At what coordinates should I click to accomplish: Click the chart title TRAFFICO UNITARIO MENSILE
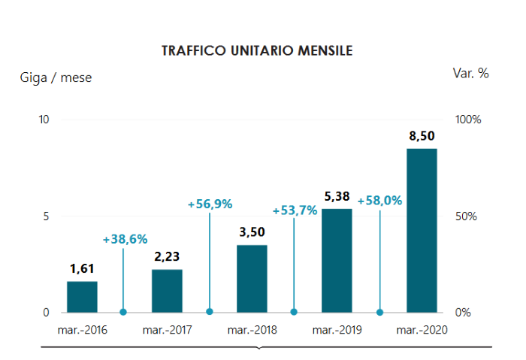coord(258,51)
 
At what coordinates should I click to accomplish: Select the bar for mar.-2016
coord(82,297)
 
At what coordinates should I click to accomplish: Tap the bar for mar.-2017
coord(167,291)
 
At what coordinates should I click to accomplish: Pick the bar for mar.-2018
coord(252,279)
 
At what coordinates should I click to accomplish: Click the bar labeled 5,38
coord(337,261)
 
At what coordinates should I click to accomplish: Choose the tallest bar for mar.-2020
coord(422,231)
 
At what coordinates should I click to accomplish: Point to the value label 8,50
coord(422,136)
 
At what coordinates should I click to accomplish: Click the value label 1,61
coord(82,268)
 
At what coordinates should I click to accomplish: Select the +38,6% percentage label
coord(125,239)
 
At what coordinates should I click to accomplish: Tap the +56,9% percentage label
coord(210,204)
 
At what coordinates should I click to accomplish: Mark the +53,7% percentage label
coord(295,210)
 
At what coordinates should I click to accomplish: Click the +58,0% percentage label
coord(379,201)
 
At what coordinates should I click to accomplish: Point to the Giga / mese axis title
coord(56,77)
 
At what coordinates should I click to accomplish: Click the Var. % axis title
coord(470,73)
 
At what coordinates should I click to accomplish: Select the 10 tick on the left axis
coord(44,119)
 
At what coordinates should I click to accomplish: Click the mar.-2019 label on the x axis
coord(337,330)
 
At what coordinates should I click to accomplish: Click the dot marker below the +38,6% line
coord(124,312)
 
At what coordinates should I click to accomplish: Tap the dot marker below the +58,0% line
coord(379,312)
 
